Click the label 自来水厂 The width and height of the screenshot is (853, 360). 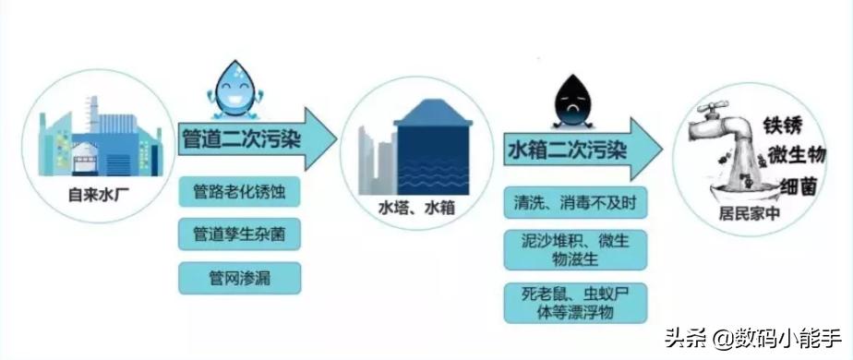coord(95,195)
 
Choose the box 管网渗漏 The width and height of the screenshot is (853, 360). coord(242,275)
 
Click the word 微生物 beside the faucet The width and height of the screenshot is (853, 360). coord(795,154)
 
